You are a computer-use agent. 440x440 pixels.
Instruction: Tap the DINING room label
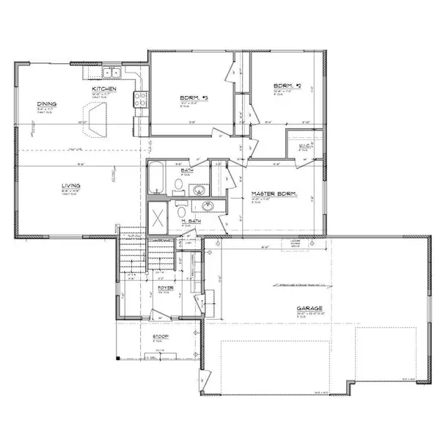click(x=48, y=104)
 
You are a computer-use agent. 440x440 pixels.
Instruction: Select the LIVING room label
click(x=70, y=186)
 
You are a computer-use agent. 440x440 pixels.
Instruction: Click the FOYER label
click(x=166, y=287)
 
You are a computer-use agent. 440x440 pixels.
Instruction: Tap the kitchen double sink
click(x=111, y=73)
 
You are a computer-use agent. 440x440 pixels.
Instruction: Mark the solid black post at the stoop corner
click(x=118, y=357)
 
